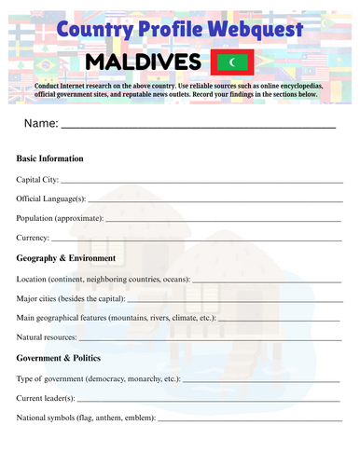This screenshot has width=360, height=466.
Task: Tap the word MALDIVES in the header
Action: click(143, 62)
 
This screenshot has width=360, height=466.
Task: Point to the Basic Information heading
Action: click(50, 158)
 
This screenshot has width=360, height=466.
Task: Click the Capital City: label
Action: click(37, 179)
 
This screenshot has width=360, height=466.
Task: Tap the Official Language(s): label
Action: click(52, 199)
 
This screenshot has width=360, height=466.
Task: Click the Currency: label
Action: click(33, 239)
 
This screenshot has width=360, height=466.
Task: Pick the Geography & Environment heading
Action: click(66, 258)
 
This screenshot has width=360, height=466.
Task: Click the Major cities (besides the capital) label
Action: click(70, 298)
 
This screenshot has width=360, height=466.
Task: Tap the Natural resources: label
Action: click(47, 337)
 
